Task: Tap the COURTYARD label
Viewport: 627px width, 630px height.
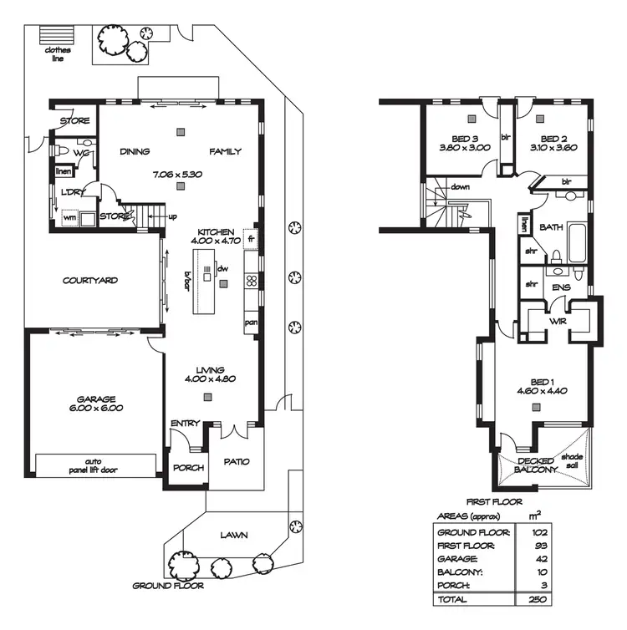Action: [x=90, y=281]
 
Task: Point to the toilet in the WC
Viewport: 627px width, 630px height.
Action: [x=64, y=150]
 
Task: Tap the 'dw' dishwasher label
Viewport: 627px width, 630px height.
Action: [x=223, y=268]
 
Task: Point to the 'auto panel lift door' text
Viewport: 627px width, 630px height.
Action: [x=95, y=465]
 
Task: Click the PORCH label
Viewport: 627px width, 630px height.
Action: [x=188, y=467]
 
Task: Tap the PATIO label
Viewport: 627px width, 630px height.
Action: [x=236, y=461]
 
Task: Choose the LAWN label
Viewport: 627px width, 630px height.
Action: [x=234, y=535]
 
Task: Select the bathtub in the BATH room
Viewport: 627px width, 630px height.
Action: [x=578, y=243]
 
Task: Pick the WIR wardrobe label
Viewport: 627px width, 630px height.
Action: [x=558, y=322]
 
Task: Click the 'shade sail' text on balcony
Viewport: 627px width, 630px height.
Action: [x=572, y=461]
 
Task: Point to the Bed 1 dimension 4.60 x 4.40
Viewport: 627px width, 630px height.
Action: [x=543, y=390]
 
